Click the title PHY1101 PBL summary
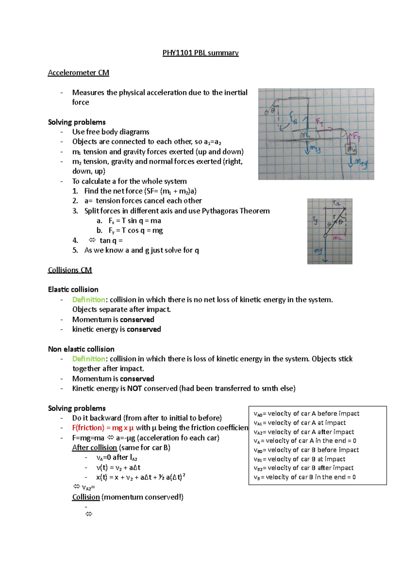click(200, 53)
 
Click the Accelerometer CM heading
click(79, 73)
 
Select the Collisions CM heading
click(70, 270)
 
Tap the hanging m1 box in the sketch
click(351, 149)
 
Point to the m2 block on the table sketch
click(305, 135)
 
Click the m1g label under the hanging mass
click(361, 164)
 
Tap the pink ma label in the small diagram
click(338, 238)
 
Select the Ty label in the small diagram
click(315, 220)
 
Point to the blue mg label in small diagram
click(317, 251)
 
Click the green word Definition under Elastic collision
click(89, 300)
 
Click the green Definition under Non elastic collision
click(89, 359)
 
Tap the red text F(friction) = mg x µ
click(103, 428)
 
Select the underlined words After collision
click(94, 447)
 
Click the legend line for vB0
click(306, 450)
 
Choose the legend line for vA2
click(304, 432)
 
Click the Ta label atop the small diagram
click(336, 203)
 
